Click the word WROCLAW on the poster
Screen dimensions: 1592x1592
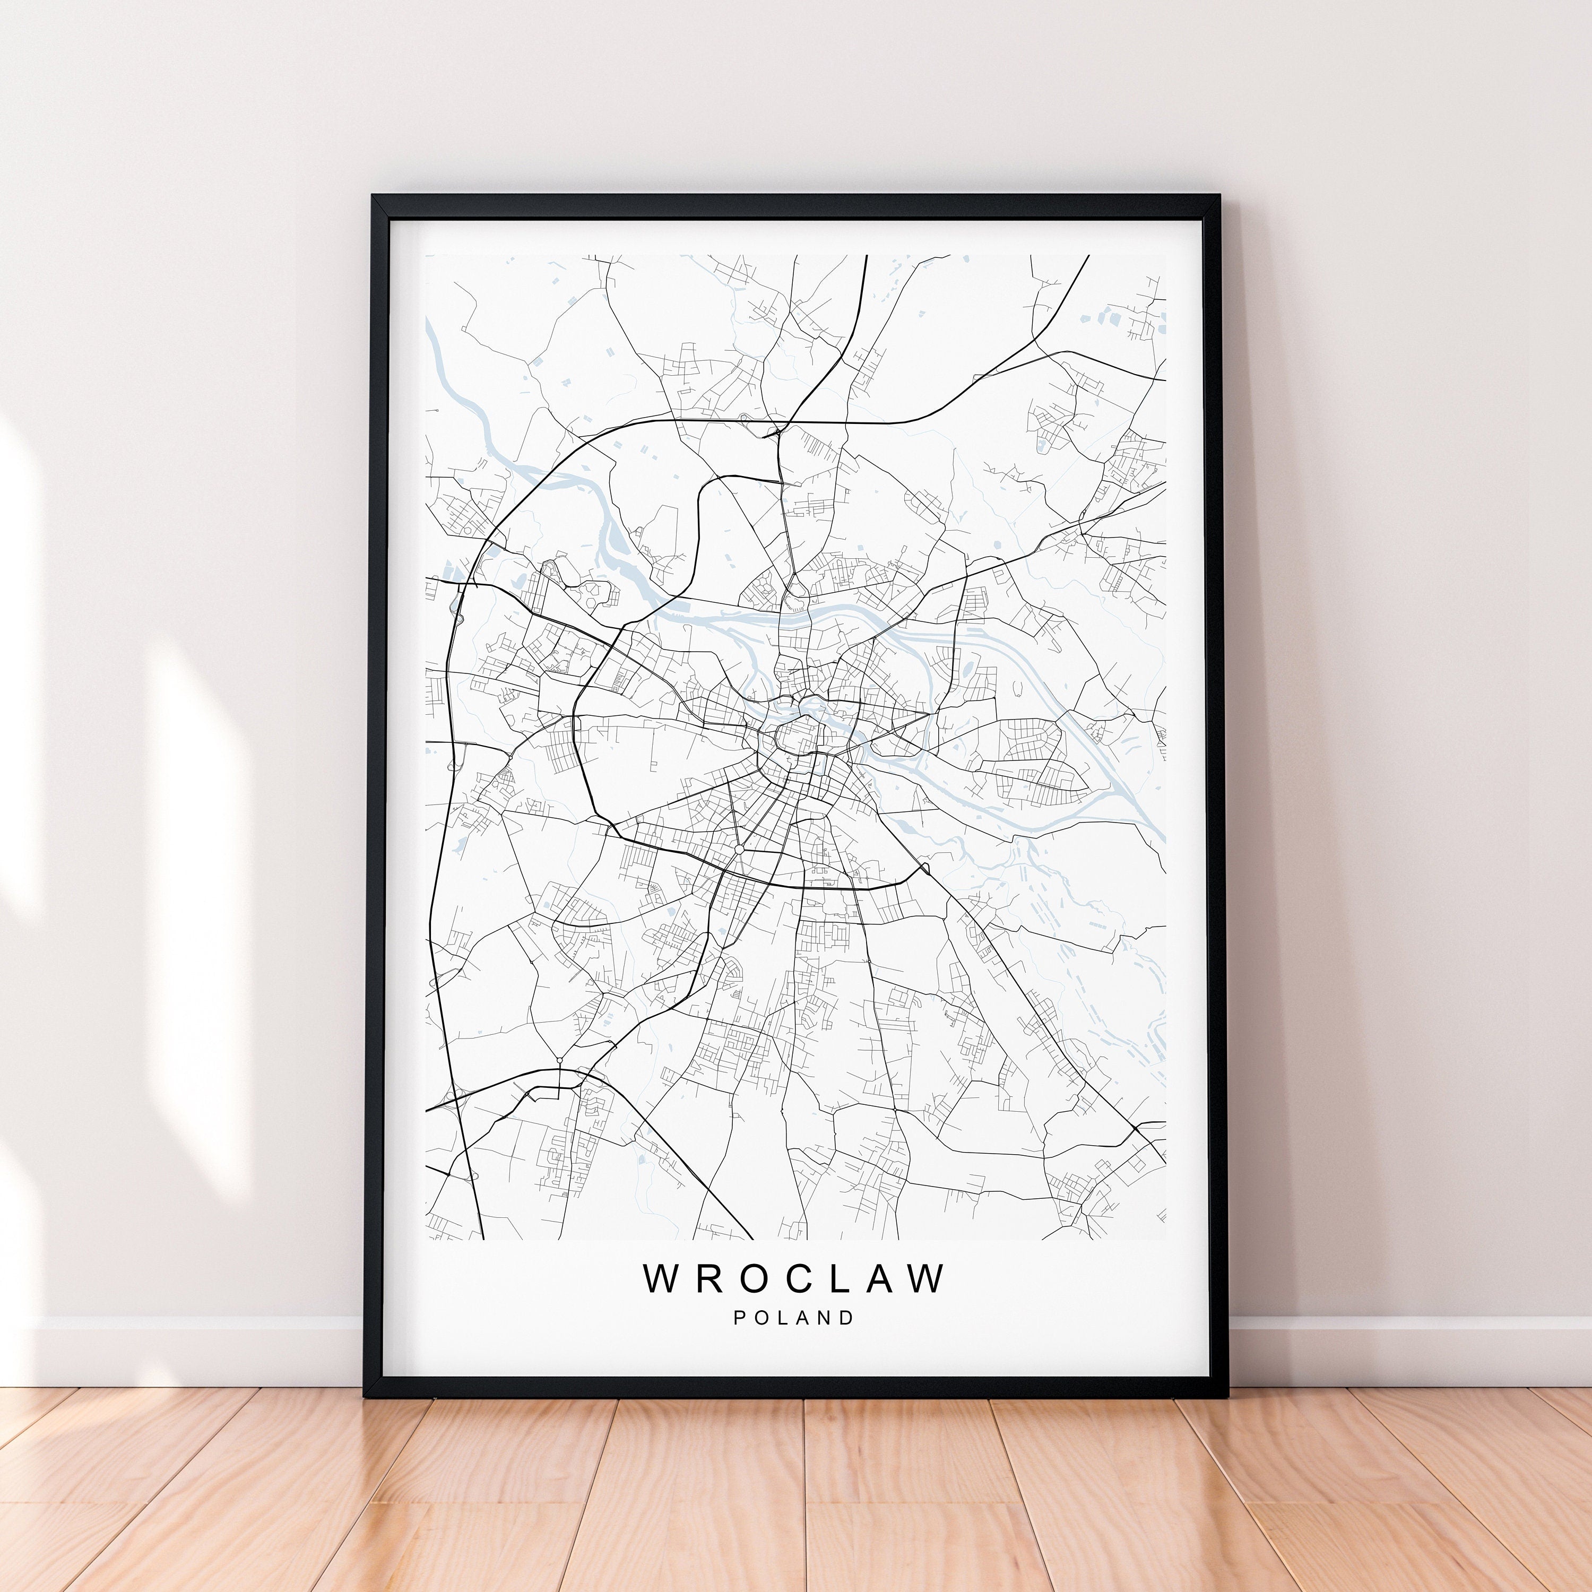click(x=794, y=1278)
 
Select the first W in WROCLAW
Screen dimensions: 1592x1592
click(x=662, y=1278)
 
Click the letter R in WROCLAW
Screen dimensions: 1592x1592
click(x=707, y=1278)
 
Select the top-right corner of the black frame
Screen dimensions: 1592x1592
click(x=1218, y=197)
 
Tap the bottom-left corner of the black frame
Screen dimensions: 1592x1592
click(x=365, y=1395)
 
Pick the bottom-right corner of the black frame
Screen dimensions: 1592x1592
click(x=1227, y=1395)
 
